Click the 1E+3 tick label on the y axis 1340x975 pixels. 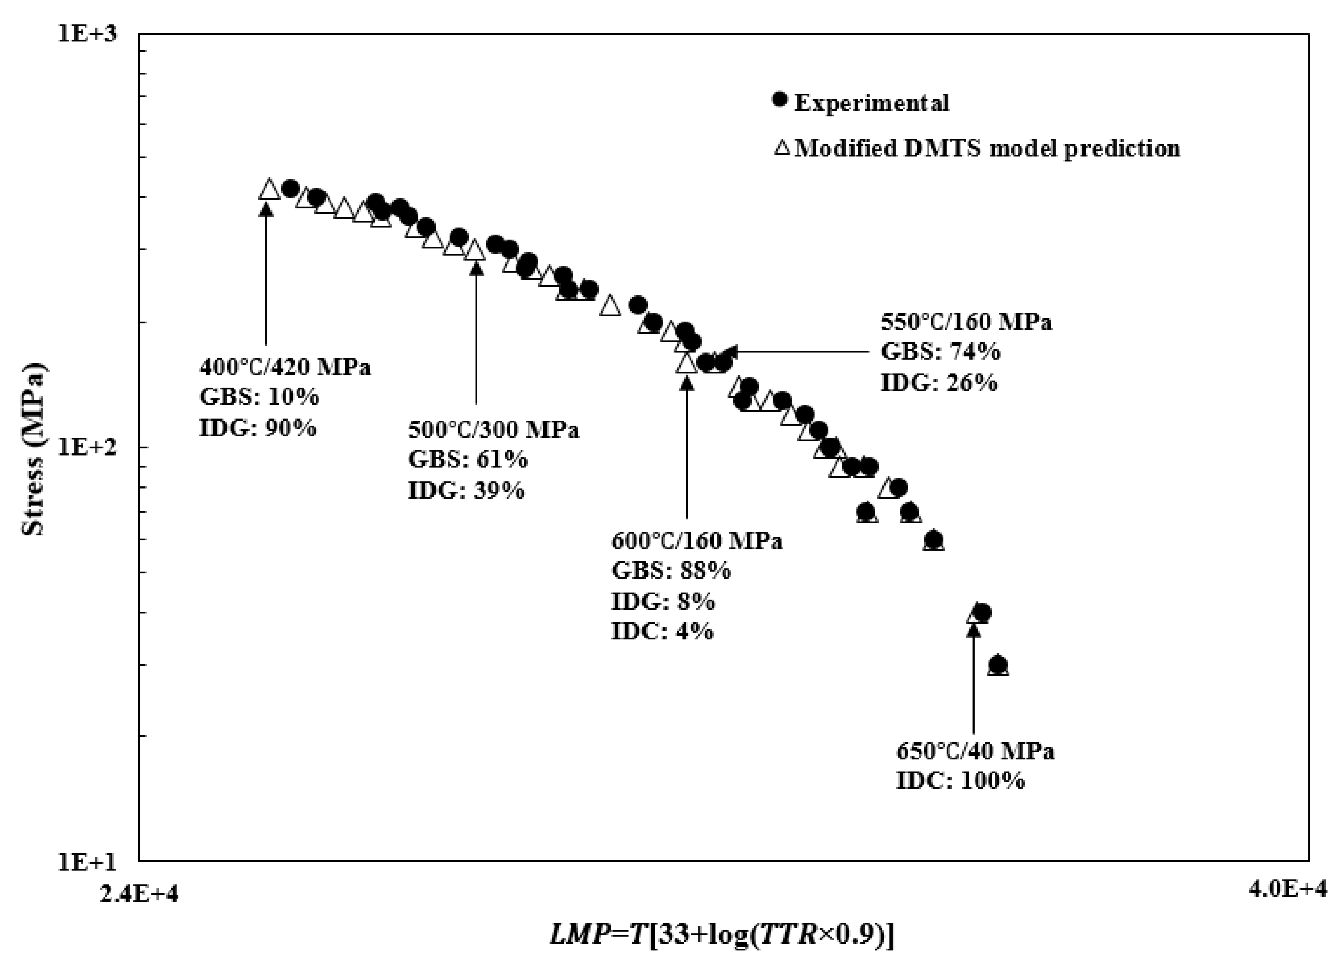point(87,34)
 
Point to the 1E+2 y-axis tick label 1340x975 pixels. point(87,447)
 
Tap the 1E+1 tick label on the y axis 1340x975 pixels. point(87,862)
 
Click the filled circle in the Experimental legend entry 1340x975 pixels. point(780,100)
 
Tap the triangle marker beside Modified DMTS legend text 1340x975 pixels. point(782,147)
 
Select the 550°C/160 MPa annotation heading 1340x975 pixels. point(966,322)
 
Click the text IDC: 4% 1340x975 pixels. point(662,632)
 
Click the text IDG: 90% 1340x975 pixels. point(258,428)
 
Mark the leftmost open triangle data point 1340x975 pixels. point(269,189)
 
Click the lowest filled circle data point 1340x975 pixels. point(998,664)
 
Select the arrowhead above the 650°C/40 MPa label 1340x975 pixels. point(974,630)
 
